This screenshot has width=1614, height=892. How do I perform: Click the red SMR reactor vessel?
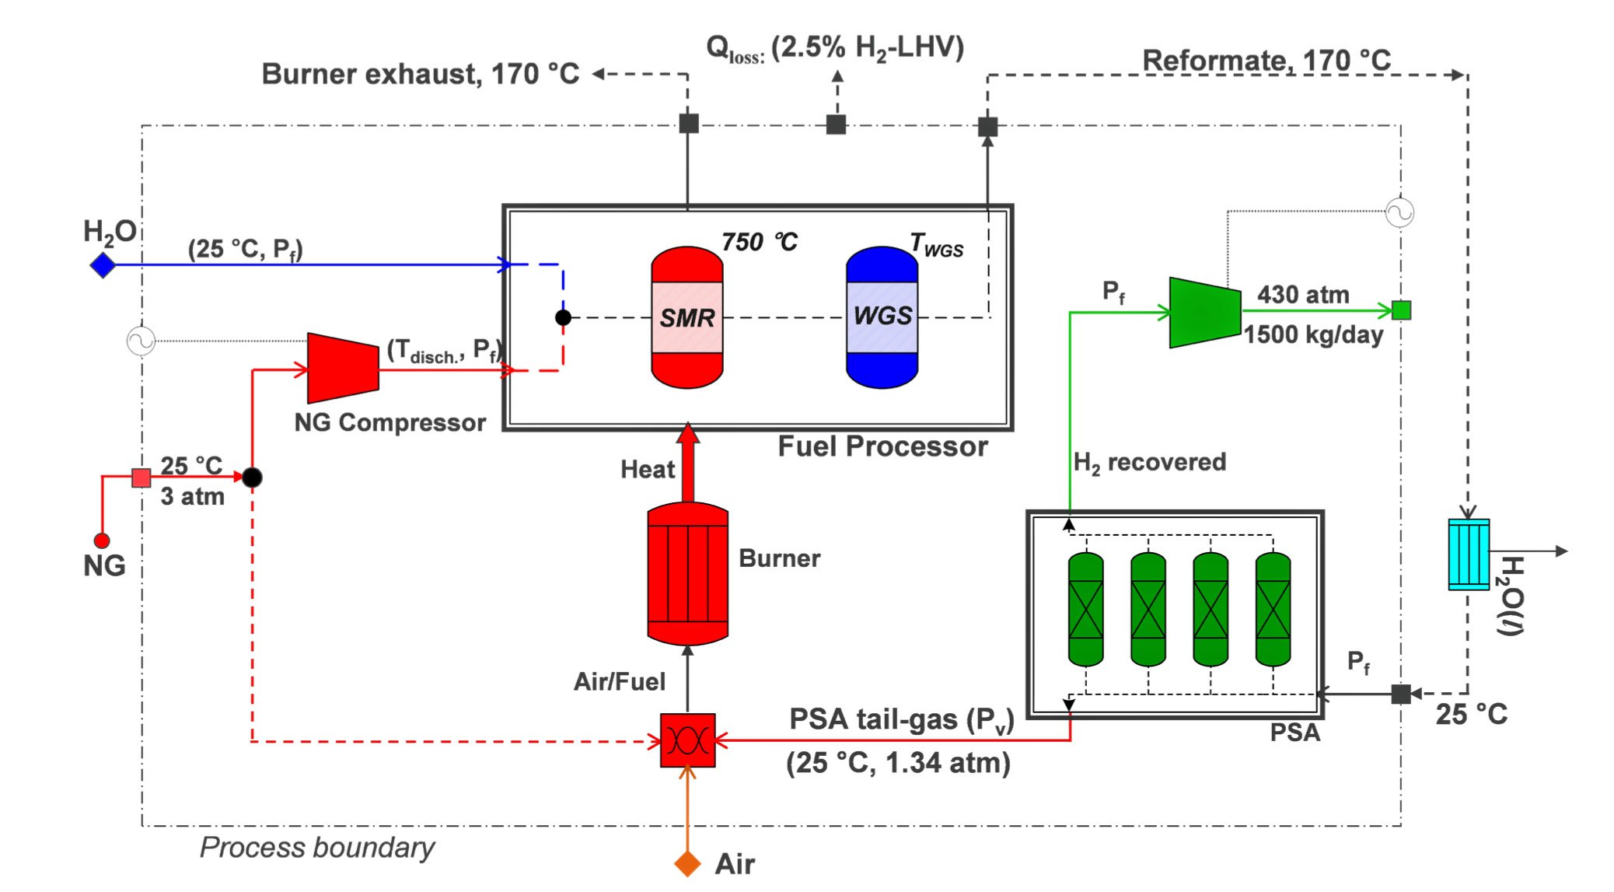tap(686, 317)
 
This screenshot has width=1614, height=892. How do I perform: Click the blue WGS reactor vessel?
tap(882, 317)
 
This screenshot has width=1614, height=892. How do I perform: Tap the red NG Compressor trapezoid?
tap(343, 368)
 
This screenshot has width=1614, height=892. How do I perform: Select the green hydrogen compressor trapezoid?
tap(1204, 313)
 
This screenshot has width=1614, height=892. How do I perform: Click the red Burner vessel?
tap(687, 574)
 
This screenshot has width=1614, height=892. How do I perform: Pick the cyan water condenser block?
tap(1468, 554)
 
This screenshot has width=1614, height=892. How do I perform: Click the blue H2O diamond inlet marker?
tap(103, 265)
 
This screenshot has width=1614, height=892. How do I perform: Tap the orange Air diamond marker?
tap(687, 863)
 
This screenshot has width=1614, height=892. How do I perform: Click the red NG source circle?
tap(102, 540)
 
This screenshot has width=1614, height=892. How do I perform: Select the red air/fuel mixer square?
tap(687, 740)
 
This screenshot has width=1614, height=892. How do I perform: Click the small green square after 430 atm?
tap(1401, 310)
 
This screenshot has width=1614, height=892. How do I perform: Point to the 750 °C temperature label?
tap(759, 242)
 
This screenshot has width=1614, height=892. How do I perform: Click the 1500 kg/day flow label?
tap(1313, 335)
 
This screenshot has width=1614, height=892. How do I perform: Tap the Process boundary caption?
tap(316, 847)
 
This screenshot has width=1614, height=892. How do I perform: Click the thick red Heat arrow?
tap(687, 463)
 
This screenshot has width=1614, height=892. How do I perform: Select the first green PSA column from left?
tap(1085, 609)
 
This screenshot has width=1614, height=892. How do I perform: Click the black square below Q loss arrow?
tap(836, 124)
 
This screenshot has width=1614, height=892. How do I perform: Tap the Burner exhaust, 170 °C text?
tap(420, 74)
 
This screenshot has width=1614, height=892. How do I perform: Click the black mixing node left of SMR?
tap(563, 317)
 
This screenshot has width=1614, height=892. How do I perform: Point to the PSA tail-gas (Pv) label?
tap(901, 719)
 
